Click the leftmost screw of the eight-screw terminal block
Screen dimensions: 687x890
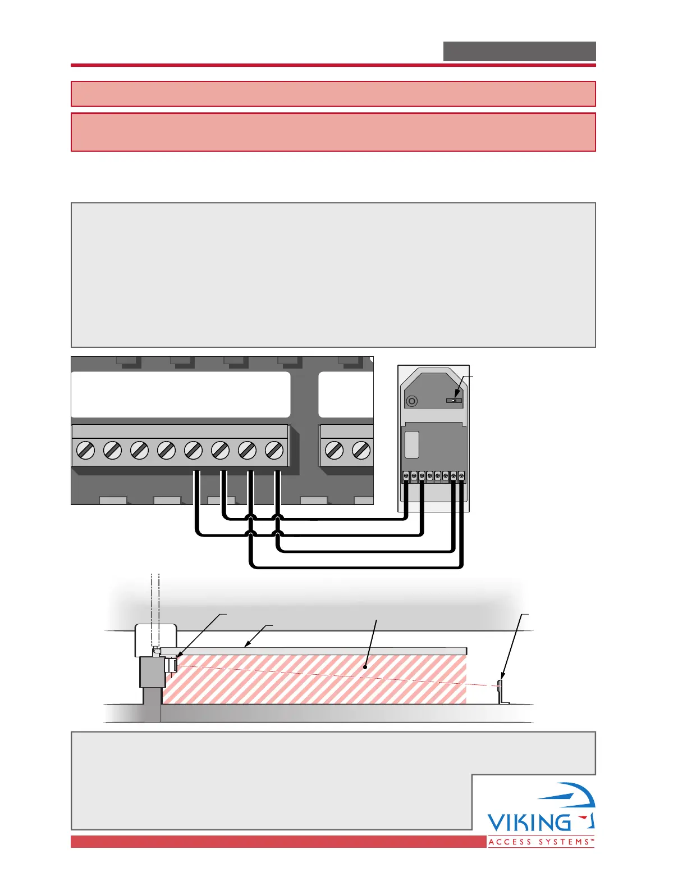pos(85,450)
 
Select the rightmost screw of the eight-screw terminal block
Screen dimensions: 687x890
pos(274,450)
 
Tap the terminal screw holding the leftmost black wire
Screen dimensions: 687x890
pos(193,450)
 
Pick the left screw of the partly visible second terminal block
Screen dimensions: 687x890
pos(335,450)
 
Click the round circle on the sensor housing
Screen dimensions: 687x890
pos(412,401)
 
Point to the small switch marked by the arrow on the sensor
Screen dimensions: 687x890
pos(454,401)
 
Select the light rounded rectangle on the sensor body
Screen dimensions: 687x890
pos(411,444)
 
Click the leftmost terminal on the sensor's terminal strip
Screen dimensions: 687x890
pos(406,476)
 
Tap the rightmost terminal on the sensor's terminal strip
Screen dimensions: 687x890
pos(461,476)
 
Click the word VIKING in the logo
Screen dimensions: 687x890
pos(529,823)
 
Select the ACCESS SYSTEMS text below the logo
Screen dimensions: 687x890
pos(541,842)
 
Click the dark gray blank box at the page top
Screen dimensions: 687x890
pos(519,51)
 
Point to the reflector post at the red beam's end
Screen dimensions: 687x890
pos(500,691)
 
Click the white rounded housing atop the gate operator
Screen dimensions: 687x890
pos(156,639)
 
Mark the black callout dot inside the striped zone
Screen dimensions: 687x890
pos(365,667)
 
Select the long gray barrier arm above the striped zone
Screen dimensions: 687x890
pos(314,651)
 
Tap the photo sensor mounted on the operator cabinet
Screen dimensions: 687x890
pos(171,665)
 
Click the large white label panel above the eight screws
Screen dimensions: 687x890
pos(181,394)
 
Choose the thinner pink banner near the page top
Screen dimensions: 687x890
pos(333,94)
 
